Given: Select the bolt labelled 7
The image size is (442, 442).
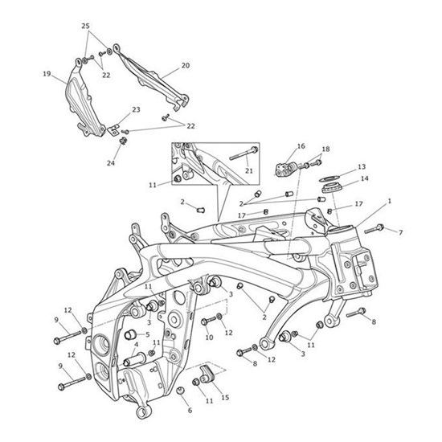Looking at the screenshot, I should pyautogui.click(x=376, y=229).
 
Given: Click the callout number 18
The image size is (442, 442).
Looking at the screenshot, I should pyautogui.click(x=325, y=149).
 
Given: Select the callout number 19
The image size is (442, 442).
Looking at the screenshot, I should pyautogui.click(x=47, y=75).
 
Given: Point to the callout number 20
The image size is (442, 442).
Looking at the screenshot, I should pyautogui.click(x=185, y=66).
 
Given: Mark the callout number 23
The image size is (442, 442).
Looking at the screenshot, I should pyautogui.click(x=136, y=109).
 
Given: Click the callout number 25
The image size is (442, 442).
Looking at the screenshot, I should pyautogui.click(x=86, y=27).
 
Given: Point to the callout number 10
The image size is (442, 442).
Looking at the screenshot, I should pyautogui.click(x=208, y=338).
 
